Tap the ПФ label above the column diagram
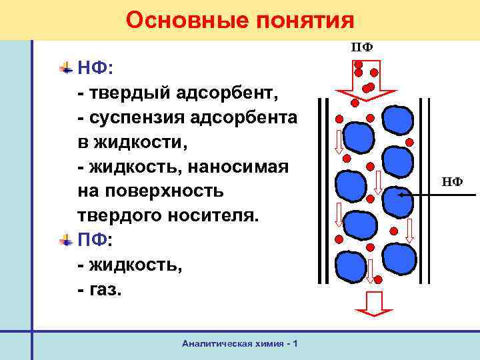[362, 47]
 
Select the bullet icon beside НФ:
[66, 67]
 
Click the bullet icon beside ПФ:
[66, 239]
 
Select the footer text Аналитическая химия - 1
[240, 343]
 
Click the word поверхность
[167, 191]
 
